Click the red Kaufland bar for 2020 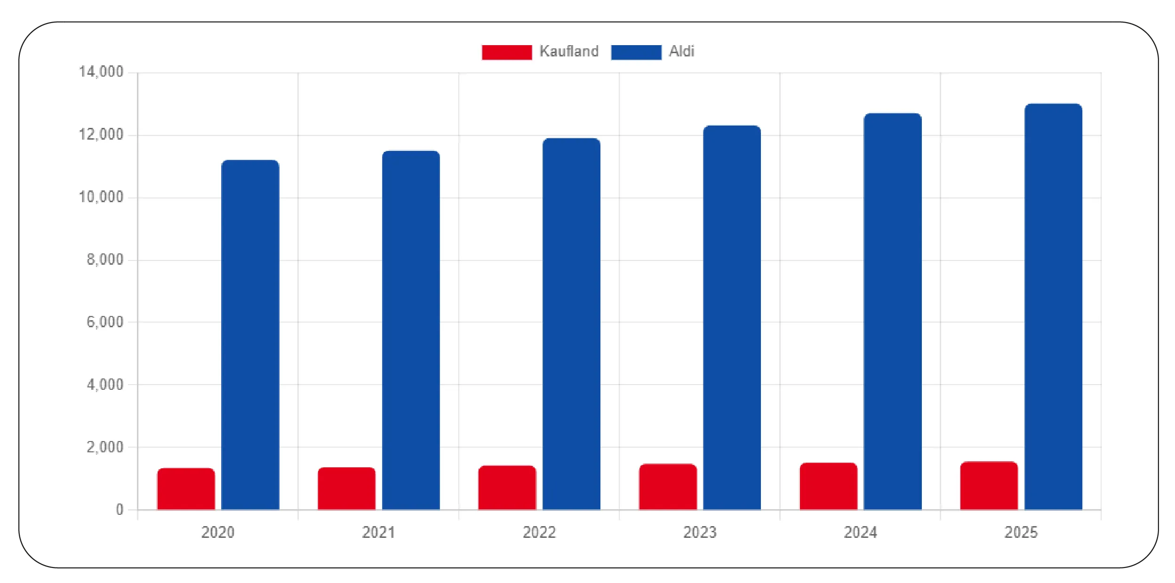tap(186, 489)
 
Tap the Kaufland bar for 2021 tap(346, 488)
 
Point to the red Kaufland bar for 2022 tap(507, 488)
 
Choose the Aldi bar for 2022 tap(571, 324)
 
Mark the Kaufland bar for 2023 tap(668, 487)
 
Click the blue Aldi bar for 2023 tap(732, 317)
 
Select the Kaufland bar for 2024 tap(828, 486)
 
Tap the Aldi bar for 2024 tap(893, 311)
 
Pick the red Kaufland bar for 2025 tap(989, 486)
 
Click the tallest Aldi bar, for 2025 tap(1053, 307)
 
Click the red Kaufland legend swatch tap(507, 52)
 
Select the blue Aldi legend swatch tap(636, 52)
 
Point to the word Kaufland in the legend tap(569, 51)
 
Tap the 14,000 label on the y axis tap(101, 72)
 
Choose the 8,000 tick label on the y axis tap(104, 260)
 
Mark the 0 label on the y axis tap(120, 510)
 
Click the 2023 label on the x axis tap(700, 532)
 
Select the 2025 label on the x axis tap(1021, 532)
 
